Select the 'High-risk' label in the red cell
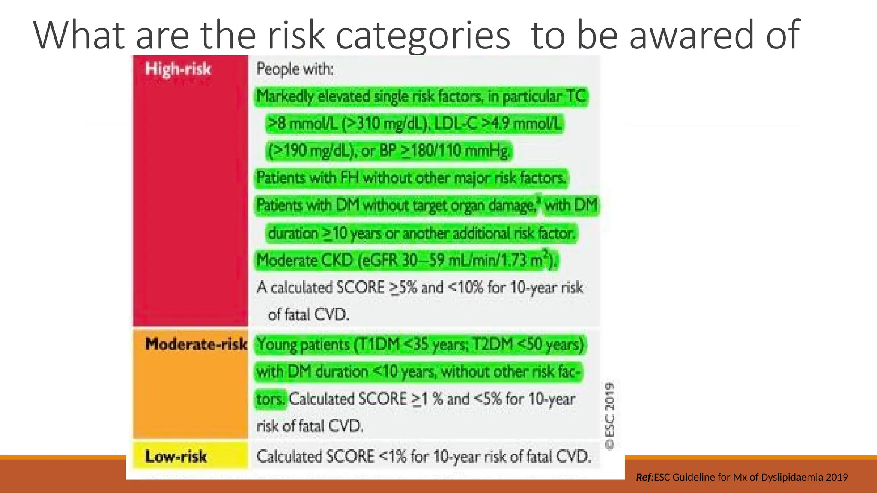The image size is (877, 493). click(178, 69)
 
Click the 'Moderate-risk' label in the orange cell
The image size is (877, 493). click(196, 344)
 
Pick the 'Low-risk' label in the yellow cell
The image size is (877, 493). click(176, 456)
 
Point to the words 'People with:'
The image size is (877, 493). click(295, 69)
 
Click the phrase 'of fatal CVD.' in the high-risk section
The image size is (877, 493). click(308, 315)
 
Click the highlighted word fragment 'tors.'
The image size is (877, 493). click(270, 399)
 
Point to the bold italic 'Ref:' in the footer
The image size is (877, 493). click(644, 477)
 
